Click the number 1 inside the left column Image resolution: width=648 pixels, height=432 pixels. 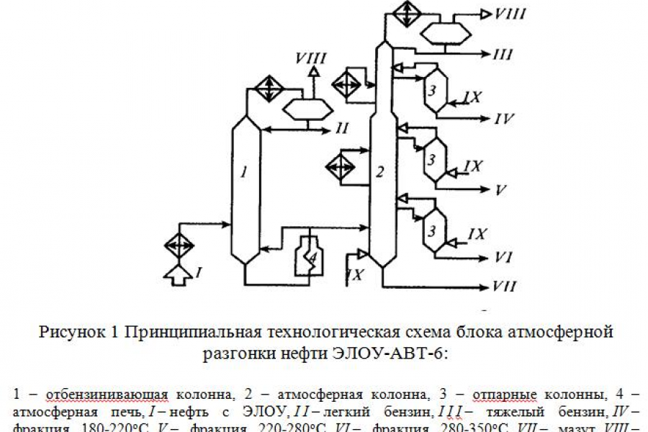[245, 173]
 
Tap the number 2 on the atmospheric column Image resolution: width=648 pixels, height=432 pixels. [382, 171]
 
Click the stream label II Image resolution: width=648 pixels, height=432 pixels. [342, 129]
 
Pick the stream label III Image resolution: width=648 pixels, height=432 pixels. [503, 54]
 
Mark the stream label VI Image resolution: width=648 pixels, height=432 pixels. [503, 256]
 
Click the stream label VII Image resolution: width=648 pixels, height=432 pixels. [504, 287]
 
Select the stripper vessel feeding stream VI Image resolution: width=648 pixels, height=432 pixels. [433, 230]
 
